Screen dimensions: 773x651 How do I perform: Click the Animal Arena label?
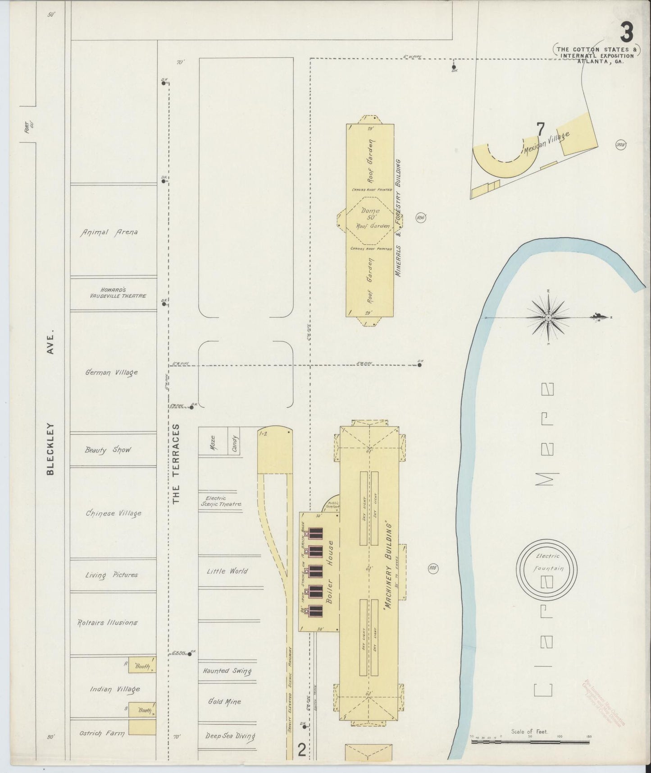click(109, 232)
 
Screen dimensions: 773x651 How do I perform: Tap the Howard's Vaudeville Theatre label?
click(117, 293)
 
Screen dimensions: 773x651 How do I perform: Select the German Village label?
click(111, 373)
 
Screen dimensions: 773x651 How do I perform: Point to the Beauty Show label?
click(108, 450)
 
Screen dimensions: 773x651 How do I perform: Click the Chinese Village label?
click(114, 513)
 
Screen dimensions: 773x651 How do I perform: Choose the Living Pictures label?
click(111, 575)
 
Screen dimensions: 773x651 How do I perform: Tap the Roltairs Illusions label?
click(108, 622)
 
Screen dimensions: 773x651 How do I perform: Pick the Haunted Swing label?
click(227, 671)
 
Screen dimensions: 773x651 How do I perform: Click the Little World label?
click(227, 571)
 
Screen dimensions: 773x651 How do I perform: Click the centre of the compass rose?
click(548, 318)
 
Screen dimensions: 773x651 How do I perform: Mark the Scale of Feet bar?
click(530, 741)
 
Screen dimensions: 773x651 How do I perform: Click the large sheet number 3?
click(627, 32)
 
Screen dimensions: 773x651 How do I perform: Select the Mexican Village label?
click(546, 143)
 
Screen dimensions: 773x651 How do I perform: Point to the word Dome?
click(370, 211)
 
